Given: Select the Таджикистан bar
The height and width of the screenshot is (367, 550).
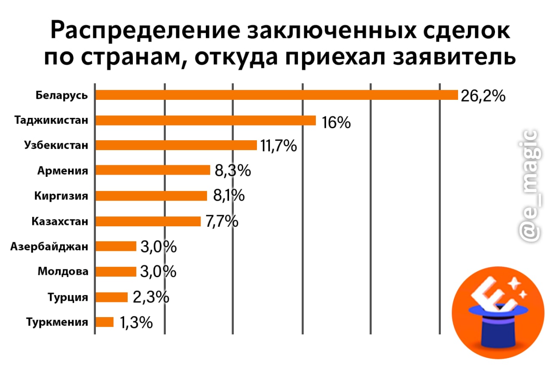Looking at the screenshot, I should click(205, 120).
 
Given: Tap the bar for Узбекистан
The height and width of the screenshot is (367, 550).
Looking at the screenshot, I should click(176, 145).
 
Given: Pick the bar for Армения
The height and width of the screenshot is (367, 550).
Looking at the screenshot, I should click(153, 170).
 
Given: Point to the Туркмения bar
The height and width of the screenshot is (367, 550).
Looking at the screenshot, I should click(104, 322).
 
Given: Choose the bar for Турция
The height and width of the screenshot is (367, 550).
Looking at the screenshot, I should click(111, 297).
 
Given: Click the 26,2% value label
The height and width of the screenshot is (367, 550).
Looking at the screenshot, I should click(483, 96).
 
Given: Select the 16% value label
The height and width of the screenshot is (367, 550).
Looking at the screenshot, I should click(336, 123).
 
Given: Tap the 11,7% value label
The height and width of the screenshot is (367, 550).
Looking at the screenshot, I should click(278, 146).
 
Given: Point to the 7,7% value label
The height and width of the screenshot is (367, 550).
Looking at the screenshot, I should click(222, 222).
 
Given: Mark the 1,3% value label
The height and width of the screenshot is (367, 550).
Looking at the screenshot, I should click(136, 323).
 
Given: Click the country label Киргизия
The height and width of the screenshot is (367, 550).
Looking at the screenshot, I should click(61, 196).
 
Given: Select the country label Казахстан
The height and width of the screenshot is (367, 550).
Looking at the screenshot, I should click(60, 222).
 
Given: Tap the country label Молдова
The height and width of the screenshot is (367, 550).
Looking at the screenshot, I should click(63, 271).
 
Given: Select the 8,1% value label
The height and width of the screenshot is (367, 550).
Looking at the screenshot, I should click(229, 197).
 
